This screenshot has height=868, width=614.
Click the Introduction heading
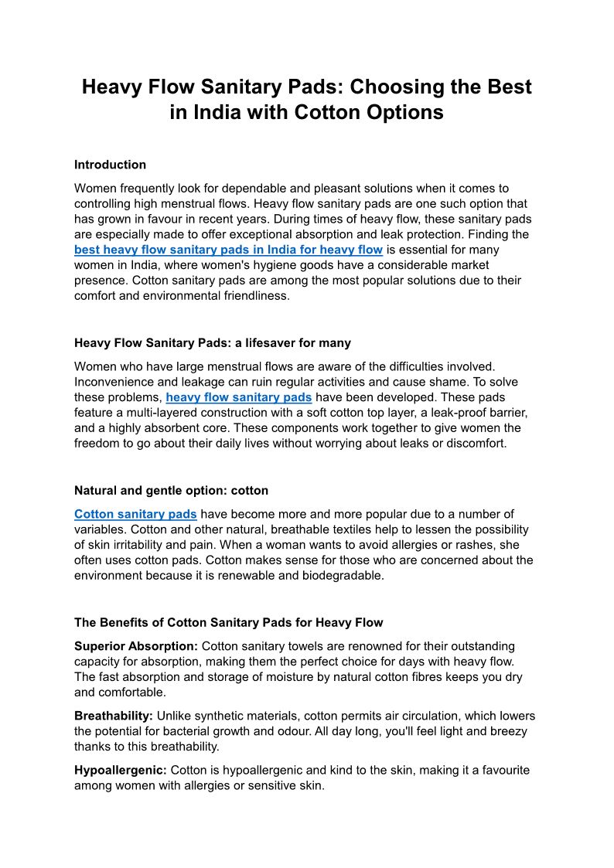click(x=110, y=165)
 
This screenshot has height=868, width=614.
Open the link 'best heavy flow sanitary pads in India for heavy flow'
click(x=228, y=250)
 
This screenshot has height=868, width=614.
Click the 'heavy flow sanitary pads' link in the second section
click(x=239, y=397)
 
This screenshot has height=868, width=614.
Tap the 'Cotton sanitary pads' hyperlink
click(x=135, y=514)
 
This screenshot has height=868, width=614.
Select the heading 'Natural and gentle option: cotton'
click(x=171, y=490)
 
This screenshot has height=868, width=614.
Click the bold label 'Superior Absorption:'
click(x=136, y=646)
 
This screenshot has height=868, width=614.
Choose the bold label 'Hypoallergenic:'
click(x=121, y=770)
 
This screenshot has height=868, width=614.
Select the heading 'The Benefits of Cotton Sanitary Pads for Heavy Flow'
click(x=228, y=622)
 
